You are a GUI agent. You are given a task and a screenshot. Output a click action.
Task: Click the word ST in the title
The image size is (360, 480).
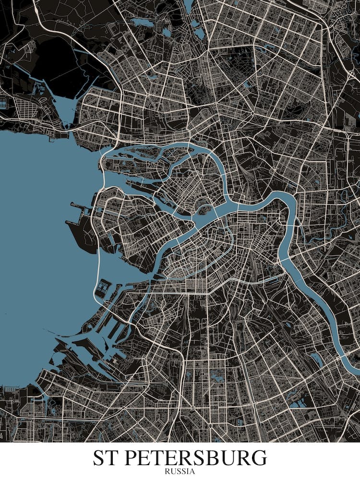[106, 458]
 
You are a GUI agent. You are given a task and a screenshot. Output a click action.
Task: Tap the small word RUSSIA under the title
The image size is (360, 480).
[180, 471]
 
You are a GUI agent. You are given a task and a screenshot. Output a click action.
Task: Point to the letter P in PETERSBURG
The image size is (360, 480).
[133, 458]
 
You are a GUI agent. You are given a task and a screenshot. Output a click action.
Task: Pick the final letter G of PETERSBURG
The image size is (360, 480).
[258, 458]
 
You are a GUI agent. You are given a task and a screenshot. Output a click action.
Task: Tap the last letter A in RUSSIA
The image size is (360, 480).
[193, 471]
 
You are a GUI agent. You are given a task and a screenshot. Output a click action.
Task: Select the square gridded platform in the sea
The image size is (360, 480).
[102, 288]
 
